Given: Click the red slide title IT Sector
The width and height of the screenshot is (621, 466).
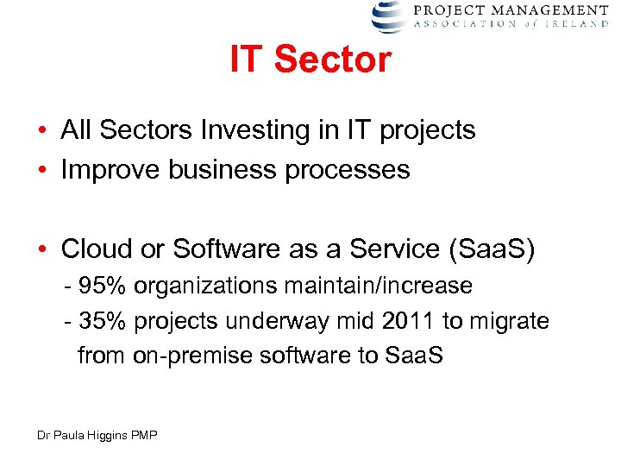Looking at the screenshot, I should click(x=310, y=60).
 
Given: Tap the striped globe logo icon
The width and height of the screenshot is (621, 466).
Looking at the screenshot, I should click(x=387, y=16).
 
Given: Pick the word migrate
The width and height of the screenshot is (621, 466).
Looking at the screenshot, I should click(x=509, y=322).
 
